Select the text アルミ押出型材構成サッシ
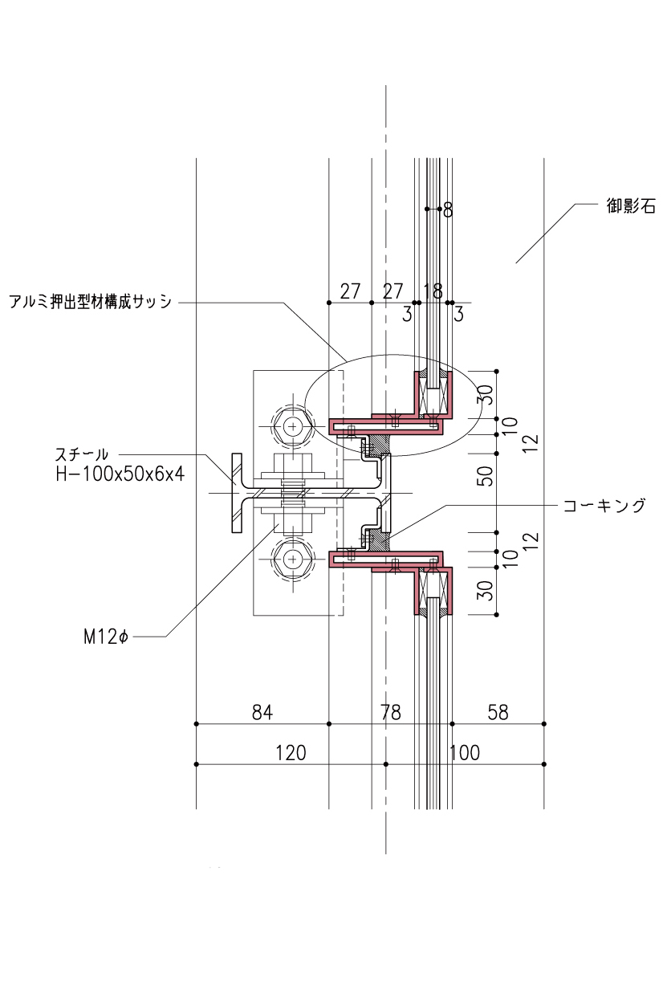[x=90, y=302]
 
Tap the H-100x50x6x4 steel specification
[x=120, y=474]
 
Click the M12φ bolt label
[x=106, y=637]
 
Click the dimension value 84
[x=262, y=712]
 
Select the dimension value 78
[x=390, y=712]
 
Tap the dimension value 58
[x=498, y=712]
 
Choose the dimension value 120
[x=291, y=753]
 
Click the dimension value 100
[x=465, y=753]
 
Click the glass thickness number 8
[x=448, y=210]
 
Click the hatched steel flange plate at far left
[x=237, y=493]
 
